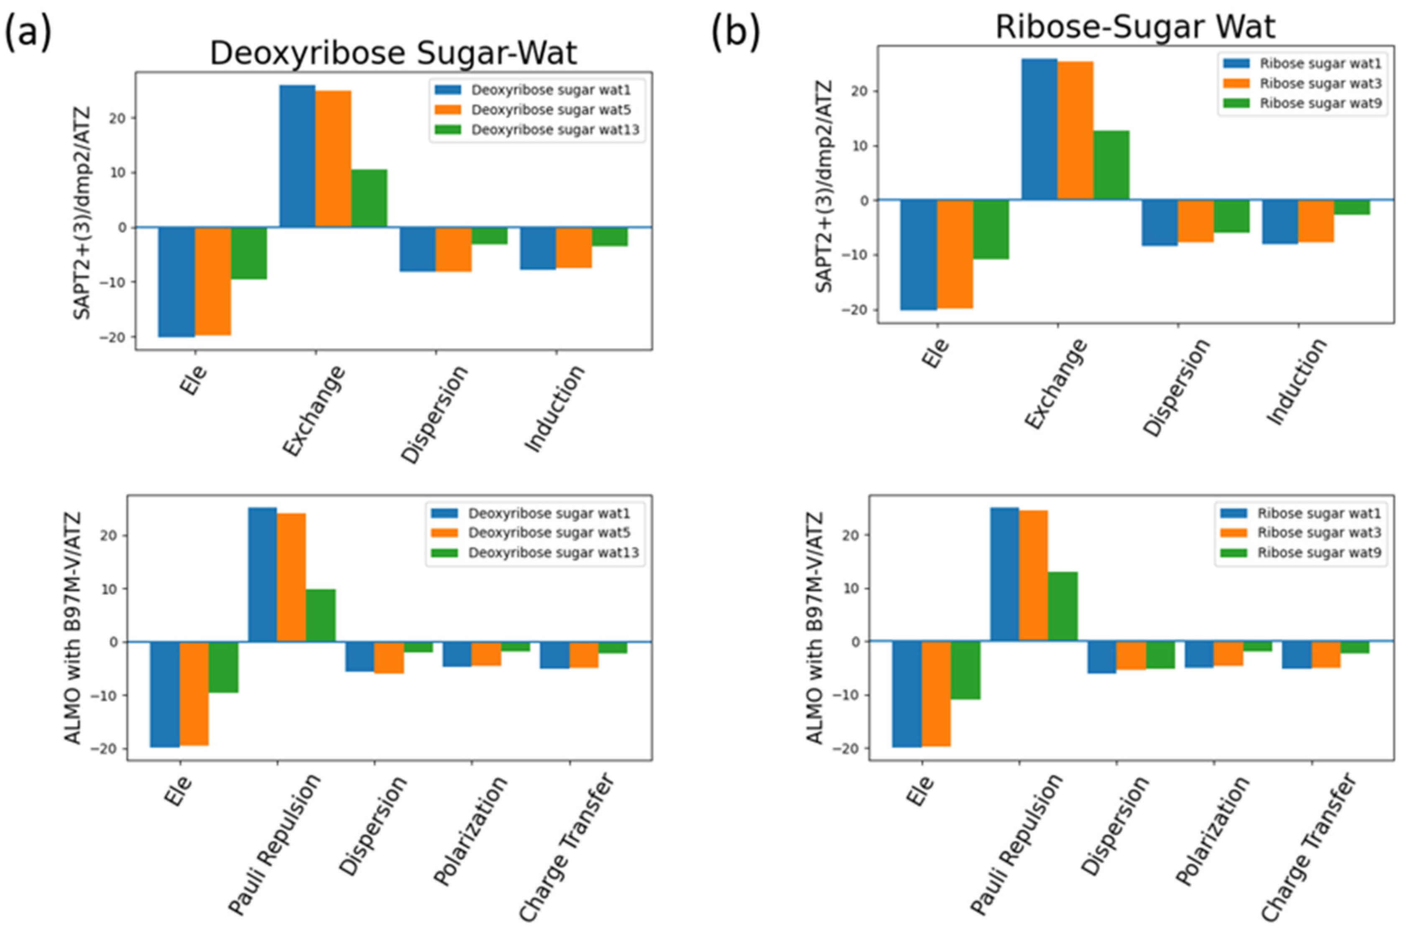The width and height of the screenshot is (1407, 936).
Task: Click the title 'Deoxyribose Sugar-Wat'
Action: pyautogui.click(x=393, y=54)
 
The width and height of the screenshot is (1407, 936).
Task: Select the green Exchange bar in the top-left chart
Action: pyautogui.click(x=369, y=198)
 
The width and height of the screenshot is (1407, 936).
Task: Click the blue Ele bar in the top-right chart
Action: pyautogui.click(x=918, y=255)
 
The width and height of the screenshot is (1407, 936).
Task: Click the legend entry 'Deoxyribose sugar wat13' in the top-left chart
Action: pyautogui.click(x=554, y=130)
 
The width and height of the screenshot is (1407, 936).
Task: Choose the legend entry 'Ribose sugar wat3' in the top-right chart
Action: pyautogui.click(x=1320, y=83)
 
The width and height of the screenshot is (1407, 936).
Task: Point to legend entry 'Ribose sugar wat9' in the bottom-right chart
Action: pyautogui.click(x=1319, y=552)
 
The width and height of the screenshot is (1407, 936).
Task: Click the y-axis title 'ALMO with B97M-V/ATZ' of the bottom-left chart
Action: pyautogui.click(x=73, y=627)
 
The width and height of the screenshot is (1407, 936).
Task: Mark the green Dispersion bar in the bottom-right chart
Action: pyautogui.click(x=1160, y=655)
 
